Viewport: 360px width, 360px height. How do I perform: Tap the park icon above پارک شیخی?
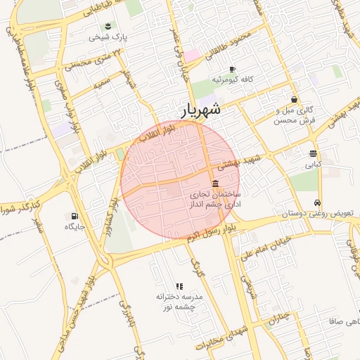108,26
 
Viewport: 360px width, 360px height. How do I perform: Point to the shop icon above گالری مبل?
294,99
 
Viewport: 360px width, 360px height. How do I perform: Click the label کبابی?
313,165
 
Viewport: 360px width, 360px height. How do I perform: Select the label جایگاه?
74,226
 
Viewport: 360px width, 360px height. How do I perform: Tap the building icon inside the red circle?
214,184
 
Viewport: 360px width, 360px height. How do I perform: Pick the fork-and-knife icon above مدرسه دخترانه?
179,286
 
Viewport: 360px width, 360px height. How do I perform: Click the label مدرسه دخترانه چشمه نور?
179,302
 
